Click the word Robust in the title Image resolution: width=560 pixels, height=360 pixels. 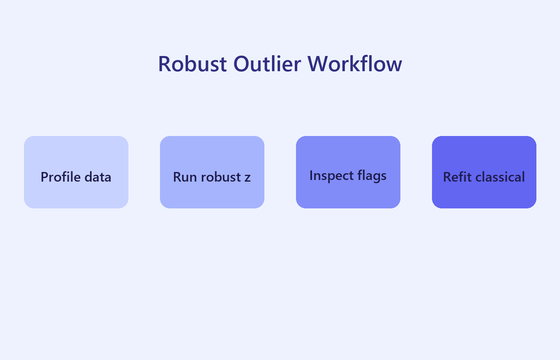[192, 64]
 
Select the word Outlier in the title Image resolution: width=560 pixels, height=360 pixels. [267, 64]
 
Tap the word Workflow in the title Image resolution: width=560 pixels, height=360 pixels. [354, 64]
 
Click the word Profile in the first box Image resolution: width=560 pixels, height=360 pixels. [60, 177]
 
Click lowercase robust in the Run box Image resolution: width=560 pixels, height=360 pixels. [221, 177]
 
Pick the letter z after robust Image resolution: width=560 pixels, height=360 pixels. [248, 178]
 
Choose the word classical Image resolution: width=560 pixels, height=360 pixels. [500, 177]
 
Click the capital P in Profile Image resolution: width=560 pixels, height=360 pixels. [44, 177]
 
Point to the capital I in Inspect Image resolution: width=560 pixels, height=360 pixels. [311, 175]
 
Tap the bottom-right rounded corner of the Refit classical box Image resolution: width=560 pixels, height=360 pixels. [533, 205]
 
